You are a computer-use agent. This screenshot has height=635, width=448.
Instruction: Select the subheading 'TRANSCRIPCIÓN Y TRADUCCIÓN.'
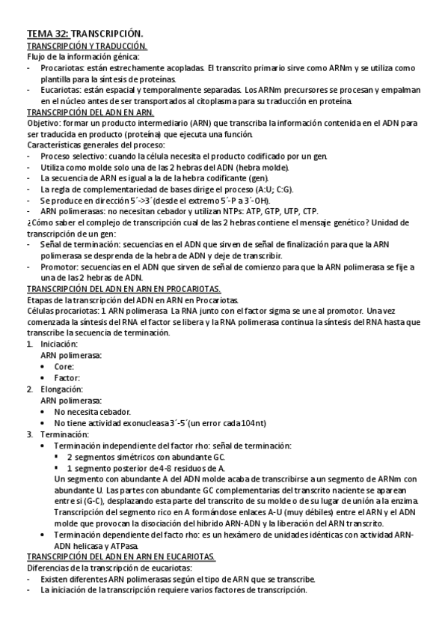click(87, 46)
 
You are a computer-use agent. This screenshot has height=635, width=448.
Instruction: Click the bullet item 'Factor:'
click(67, 378)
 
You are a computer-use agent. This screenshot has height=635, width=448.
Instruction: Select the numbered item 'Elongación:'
click(63, 389)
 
